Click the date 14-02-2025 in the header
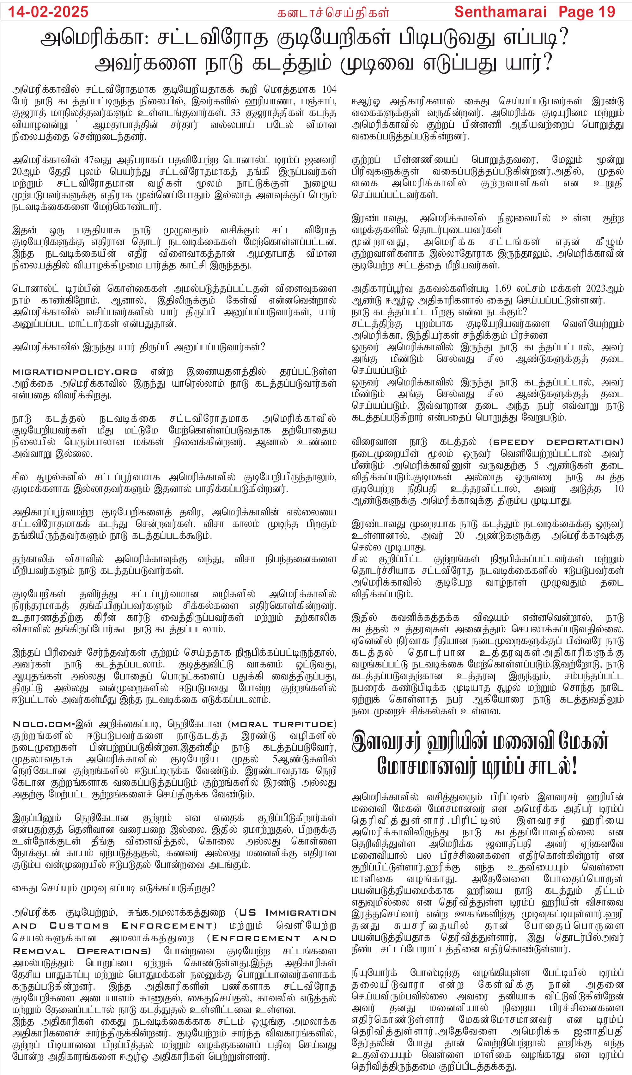[48, 11]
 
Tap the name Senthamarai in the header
[500, 11]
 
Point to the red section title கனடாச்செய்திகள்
[333, 13]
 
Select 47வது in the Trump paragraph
[95, 160]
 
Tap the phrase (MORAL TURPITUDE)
[282, 724]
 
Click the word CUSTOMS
[79, 926]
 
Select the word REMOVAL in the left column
[39, 951]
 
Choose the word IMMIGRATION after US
[301, 913]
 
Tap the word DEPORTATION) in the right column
[585, 442]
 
